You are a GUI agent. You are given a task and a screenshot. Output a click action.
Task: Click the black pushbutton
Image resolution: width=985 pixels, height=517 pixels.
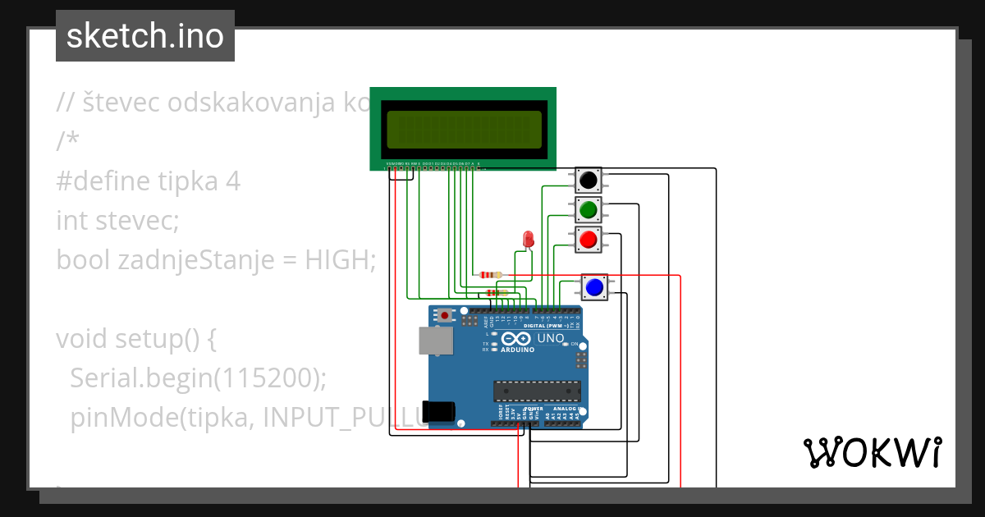(x=588, y=180)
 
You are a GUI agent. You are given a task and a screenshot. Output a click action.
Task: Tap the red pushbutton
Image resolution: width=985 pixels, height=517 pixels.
(x=588, y=240)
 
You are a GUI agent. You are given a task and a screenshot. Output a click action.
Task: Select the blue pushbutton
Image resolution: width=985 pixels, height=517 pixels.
(x=594, y=287)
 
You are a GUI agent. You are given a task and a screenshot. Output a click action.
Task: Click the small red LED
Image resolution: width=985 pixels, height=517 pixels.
(x=528, y=239)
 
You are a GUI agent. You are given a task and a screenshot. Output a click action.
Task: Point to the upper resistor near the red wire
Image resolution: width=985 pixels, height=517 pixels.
(x=490, y=275)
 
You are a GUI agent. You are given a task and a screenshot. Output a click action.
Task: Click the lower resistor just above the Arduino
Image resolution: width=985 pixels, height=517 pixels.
(x=497, y=292)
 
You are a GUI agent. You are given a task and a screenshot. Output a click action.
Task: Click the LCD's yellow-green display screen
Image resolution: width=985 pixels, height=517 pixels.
(x=464, y=129)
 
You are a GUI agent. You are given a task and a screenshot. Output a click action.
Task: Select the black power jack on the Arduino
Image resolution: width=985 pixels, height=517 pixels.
(x=440, y=411)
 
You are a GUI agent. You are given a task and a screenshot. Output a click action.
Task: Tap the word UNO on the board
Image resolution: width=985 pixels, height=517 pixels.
(x=550, y=338)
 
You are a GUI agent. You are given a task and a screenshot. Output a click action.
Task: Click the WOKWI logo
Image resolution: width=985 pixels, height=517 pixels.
(x=872, y=452)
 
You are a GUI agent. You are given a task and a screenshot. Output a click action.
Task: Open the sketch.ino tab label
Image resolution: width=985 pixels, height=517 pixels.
(x=145, y=36)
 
